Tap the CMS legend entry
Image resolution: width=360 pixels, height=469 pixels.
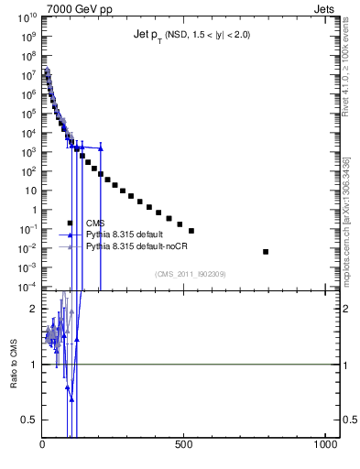point(94,223)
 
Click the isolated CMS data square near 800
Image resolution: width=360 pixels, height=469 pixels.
point(266,251)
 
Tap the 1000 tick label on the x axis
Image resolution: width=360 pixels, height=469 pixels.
point(325,444)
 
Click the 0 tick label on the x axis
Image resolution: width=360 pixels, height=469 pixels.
point(43,444)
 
